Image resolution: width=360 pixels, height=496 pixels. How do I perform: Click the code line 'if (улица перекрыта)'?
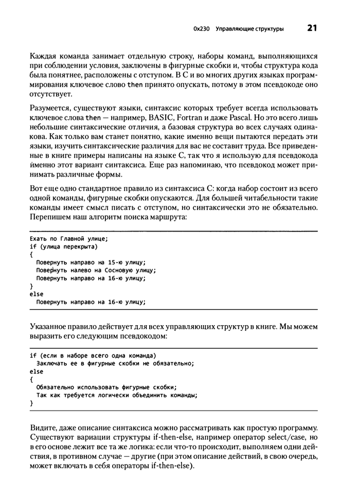point(63,247)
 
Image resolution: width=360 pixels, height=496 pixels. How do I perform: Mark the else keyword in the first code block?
point(37,294)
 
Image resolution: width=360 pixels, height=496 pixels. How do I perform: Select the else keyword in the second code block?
point(37,371)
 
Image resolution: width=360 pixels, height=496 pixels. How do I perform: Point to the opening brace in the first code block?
point(31,255)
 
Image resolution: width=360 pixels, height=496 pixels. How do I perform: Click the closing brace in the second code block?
point(31,403)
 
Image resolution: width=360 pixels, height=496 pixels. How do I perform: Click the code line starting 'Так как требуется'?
point(117,395)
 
